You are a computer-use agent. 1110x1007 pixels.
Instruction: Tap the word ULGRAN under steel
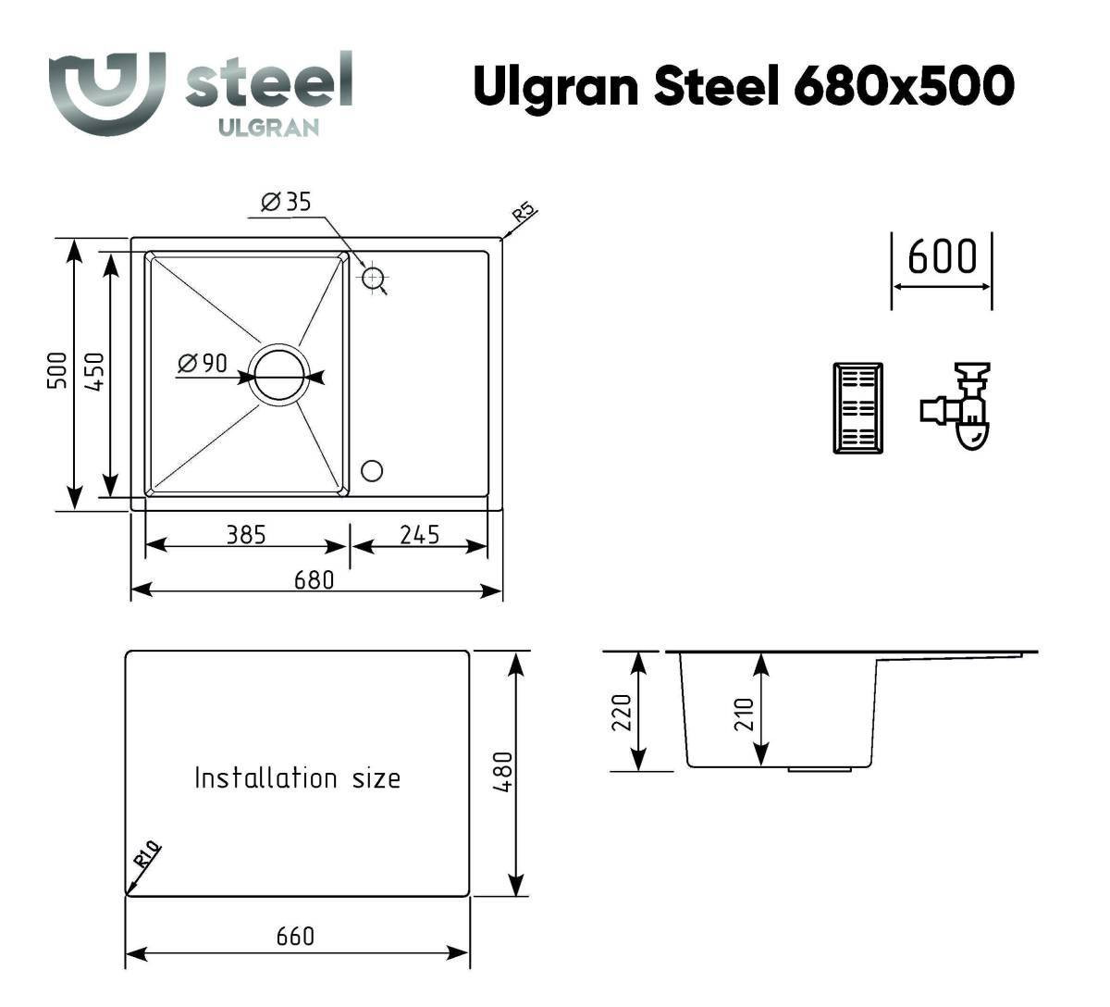tap(269, 128)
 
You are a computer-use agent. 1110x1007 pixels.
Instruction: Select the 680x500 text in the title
tap(904, 86)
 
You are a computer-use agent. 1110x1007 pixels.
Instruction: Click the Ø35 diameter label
tap(286, 202)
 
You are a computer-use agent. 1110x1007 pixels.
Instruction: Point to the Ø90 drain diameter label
tap(203, 363)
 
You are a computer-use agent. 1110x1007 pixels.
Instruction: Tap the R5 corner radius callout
tap(524, 212)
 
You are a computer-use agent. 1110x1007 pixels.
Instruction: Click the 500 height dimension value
tap(57, 370)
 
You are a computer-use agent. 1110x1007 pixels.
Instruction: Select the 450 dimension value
tap(94, 371)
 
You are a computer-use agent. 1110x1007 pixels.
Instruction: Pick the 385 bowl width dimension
tap(246, 535)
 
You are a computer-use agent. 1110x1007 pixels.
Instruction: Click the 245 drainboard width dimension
tap(420, 535)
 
